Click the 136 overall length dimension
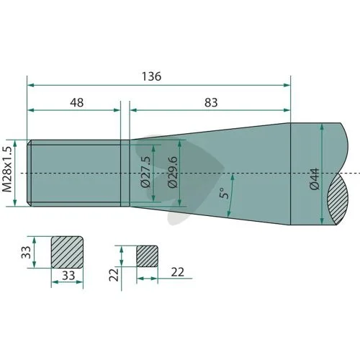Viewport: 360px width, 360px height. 151,76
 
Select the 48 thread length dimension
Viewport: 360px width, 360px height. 77,103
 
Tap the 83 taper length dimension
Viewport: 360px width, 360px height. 211,103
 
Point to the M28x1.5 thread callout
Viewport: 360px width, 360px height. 7,169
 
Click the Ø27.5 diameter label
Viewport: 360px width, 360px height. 145,172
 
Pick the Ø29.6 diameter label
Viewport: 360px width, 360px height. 172,172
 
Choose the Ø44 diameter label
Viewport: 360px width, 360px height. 315,179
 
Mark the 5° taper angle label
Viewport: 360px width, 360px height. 225,193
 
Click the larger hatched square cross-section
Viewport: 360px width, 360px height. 67,252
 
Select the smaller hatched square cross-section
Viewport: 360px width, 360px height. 148,256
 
